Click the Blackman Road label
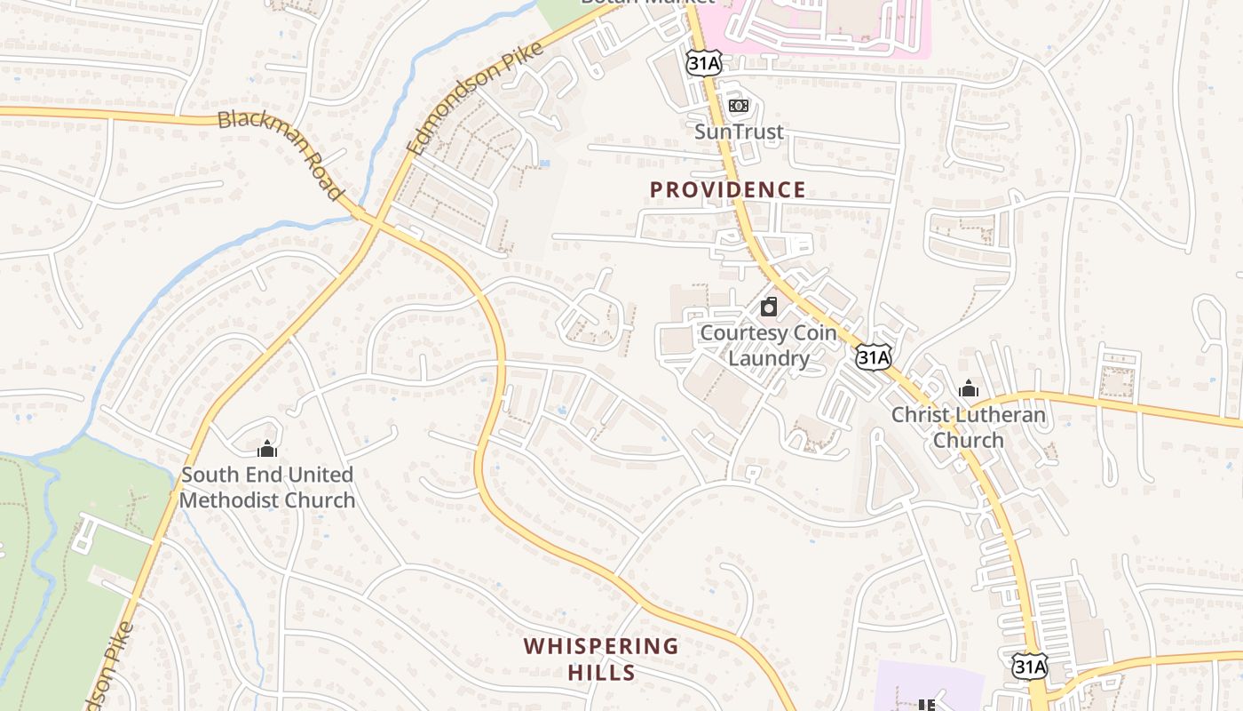click(280, 154)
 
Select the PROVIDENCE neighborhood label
click(727, 189)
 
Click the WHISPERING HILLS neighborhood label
click(601, 659)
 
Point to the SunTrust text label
click(739, 132)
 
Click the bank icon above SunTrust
click(739, 106)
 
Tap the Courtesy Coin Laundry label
click(768, 346)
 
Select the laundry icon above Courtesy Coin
click(769, 308)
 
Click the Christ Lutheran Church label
click(968, 427)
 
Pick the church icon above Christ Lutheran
click(969, 388)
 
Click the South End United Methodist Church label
click(266, 487)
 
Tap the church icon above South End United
click(266, 449)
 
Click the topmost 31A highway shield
click(702, 61)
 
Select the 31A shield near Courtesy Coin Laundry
click(873, 357)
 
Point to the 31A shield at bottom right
click(1029, 666)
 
